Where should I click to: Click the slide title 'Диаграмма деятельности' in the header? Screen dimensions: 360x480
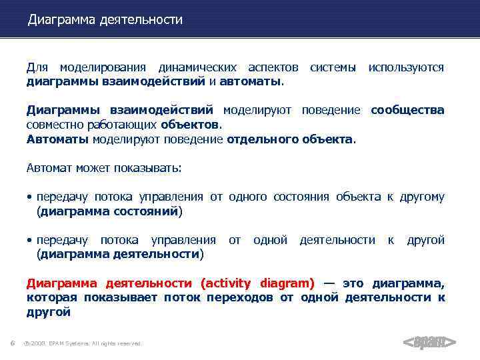point(105,20)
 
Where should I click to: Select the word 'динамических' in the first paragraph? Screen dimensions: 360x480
point(197,68)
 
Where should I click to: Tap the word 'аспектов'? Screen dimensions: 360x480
point(273,68)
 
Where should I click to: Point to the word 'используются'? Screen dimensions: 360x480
point(406,68)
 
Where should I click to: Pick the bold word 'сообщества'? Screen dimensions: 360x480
point(407,110)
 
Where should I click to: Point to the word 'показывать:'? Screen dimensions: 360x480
point(147,167)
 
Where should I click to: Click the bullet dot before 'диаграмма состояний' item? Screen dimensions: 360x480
point(30,197)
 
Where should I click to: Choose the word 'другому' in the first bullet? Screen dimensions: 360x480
point(421,197)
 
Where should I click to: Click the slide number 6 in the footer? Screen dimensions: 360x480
point(13,343)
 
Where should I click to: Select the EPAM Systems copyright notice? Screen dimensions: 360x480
point(83,343)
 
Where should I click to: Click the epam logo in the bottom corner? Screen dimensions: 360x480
point(430,343)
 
